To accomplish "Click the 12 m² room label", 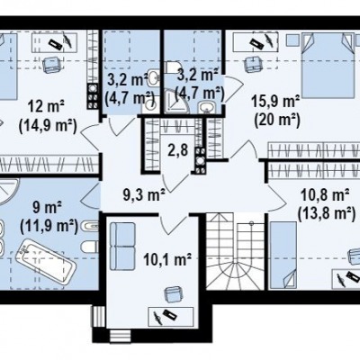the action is (x=47, y=107).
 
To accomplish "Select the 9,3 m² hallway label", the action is (x=144, y=195).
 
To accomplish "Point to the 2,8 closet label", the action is (x=178, y=150).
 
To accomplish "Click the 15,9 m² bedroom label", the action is (x=275, y=102).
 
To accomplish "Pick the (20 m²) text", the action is (x=277, y=121).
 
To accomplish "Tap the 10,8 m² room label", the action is (x=325, y=195).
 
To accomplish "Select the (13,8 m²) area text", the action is (x=326, y=214).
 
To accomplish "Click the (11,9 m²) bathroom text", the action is (x=49, y=227).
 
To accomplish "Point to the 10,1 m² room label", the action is (x=167, y=260).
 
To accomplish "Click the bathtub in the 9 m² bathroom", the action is (x=46, y=263).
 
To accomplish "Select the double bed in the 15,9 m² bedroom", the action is (x=328, y=66).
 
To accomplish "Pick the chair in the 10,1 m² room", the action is (x=174, y=294).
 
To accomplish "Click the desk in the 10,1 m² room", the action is (x=171, y=317).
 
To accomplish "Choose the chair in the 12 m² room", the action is (x=51, y=64).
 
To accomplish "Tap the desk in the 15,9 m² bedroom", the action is (x=256, y=42).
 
